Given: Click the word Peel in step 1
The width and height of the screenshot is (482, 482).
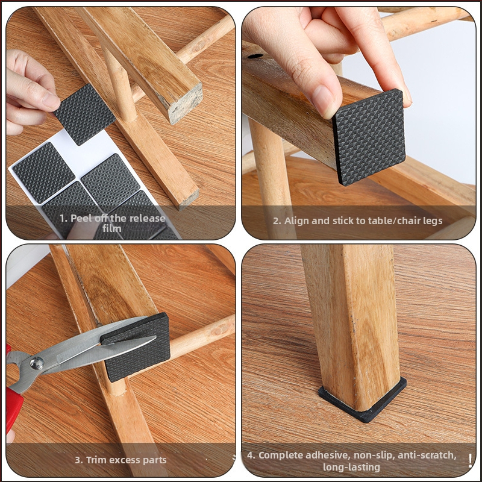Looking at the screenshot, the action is pyautogui.click(x=78, y=218).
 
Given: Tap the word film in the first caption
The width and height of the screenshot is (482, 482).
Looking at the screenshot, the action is pyautogui.click(x=112, y=228).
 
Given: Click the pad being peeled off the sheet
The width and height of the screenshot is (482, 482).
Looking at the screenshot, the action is pyautogui.click(x=84, y=114).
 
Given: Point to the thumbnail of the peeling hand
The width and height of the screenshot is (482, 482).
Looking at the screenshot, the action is pyautogui.click(x=51, y=100).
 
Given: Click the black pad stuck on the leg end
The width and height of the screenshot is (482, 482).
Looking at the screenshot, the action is pyautogui.click(x=369, y=137).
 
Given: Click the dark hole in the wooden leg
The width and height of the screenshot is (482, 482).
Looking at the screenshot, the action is pyautogui.click(x=255, y=56).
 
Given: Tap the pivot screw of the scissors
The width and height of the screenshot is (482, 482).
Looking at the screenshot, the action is pyautogui.click(x=37, y=363).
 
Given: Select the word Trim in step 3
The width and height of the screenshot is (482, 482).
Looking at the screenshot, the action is pyautogui.click(x=96, y=460).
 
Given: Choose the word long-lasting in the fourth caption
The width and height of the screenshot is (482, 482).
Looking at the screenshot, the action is pyautogui.click(x=351, y=468).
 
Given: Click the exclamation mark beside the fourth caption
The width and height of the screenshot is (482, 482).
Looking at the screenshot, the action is pyautogui.click(x=471, y=461).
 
